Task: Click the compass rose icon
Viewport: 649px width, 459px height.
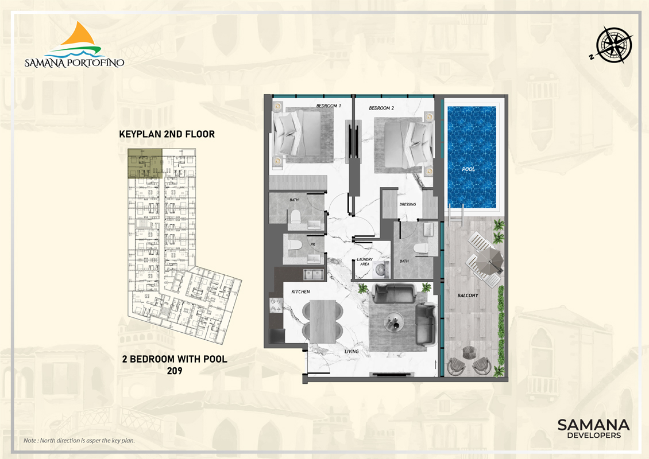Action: [x=614, y=45]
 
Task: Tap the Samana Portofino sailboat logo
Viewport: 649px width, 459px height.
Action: [x=75, y=45]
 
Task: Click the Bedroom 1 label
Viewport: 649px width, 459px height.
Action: [x=329, y=106]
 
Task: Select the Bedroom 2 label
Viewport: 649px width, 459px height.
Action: [x=381, y=108]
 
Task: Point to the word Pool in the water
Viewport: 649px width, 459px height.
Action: [x=469, y=169]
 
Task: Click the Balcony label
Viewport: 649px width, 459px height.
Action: [x=468, y=295]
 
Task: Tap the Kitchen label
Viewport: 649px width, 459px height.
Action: [x=300, y=291]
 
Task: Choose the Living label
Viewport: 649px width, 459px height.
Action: [x=351, y=352]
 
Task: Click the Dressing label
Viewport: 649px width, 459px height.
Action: [x=408, y=204]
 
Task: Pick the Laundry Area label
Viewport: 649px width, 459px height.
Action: [x=365, y=262]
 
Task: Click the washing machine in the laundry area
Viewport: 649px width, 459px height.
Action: [x=381, y=270]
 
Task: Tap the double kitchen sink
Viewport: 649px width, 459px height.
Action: [x=314, y=274]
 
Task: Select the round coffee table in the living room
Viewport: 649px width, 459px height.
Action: [x=393, y=321]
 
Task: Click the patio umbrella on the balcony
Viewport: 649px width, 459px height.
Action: [x=490, y=260]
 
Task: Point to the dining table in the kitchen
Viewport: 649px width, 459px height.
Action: [x=323, y=321]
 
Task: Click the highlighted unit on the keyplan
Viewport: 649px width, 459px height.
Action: [x=145, y=164]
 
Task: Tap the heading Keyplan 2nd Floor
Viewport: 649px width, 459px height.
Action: [x=167, y=134]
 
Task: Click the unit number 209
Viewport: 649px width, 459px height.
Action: [x=175, y=371]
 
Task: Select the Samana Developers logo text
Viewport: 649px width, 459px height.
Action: [x=593, y=429]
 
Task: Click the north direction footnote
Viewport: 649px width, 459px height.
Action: [x=79, y=441]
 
